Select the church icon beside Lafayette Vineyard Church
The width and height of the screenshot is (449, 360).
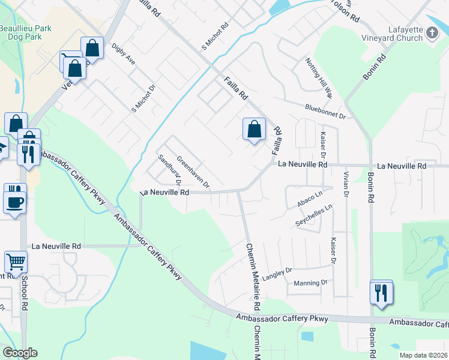(x=432, y=34)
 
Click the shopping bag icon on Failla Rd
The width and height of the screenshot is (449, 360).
(x=254, y=129)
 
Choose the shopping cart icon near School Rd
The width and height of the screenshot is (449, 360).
(x=16, y=262)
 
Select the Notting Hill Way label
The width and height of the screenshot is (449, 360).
(x=319, y=77)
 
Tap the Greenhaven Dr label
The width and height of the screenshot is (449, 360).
(x=193, y=170)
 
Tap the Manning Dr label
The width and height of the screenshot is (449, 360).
(x=310, y=282)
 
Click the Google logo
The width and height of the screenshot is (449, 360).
(x=20, y=353)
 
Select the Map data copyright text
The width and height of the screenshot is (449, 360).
(x=423, y=355)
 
